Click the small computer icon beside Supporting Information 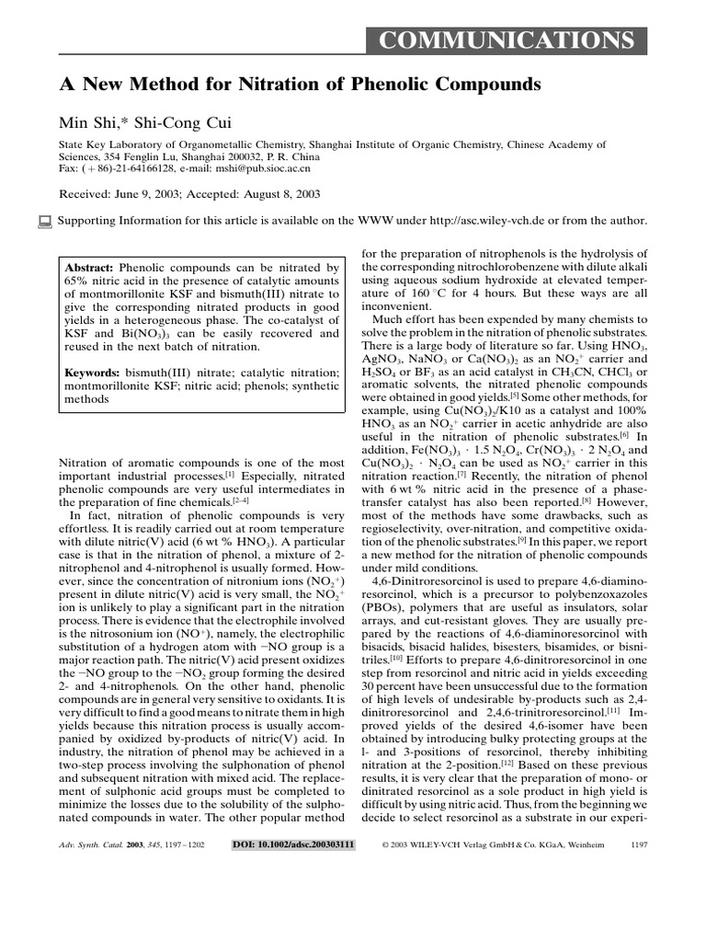[44, 221]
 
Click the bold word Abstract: [90, 259]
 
